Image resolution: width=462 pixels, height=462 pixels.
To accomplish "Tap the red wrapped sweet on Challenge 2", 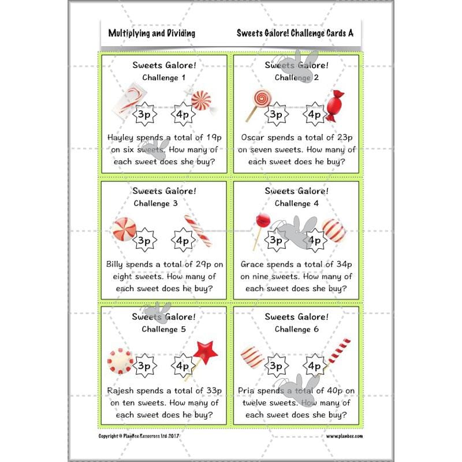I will tap(333, 107).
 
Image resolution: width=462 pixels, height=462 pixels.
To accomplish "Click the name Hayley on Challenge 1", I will tap(122, 137).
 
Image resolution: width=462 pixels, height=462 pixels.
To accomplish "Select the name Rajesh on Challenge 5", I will tap(124, 390).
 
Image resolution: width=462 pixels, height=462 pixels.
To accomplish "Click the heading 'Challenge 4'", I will tap(296, 203).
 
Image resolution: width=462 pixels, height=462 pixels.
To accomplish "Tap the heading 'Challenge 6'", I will tap(296, 329).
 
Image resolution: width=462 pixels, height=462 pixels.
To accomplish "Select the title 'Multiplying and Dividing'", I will tap(151, 33).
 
